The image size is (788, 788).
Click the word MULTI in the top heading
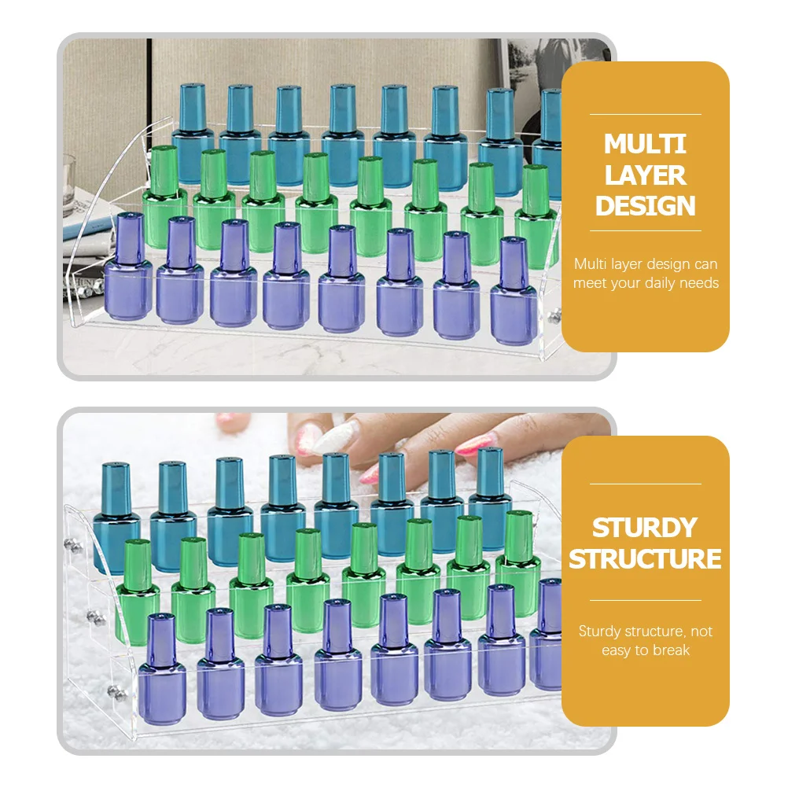tap(646, 144)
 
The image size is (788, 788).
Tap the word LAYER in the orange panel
tap(646, 175)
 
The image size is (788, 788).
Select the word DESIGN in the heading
tap(646, 206)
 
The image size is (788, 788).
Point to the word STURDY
tap(646, 527)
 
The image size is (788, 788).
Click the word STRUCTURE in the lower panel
tap(646, 558)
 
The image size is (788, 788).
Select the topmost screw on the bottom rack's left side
tap(78, 544)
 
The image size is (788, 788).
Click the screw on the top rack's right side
tap(555, 315)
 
